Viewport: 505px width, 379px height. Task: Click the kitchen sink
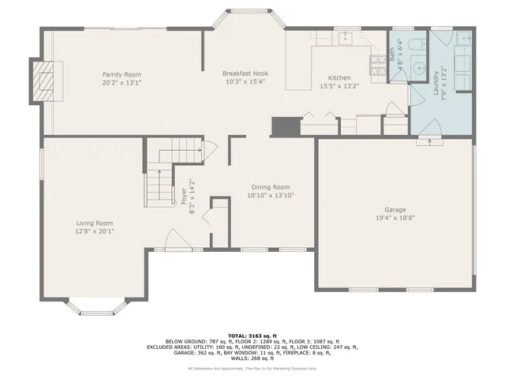point(344,38)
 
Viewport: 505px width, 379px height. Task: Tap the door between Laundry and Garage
point(429,142)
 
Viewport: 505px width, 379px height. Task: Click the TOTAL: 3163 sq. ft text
point(252,336)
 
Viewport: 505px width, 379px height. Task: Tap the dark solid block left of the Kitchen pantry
point(282,127)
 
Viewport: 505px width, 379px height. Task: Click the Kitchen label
point(339,77)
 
